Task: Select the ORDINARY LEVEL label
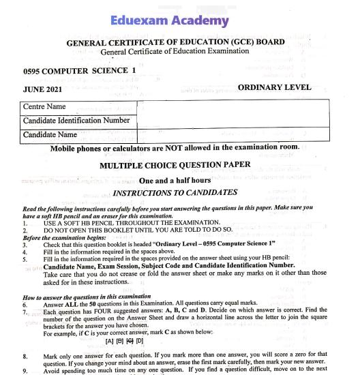click(x=275, y=87)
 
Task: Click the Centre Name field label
click(x=44, y=107)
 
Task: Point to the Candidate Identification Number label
click(x=76, y=121)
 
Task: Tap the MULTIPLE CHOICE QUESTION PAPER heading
click(x=175, y=165)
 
